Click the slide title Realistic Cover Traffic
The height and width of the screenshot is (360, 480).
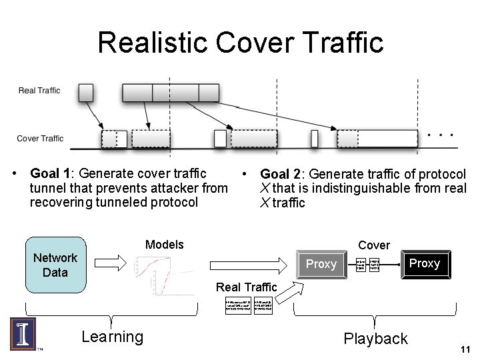pos(240,41)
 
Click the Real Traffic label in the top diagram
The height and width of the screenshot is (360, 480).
pos(39,91)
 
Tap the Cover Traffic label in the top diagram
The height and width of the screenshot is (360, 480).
pos(40,139)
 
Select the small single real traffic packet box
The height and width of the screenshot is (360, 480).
pos(86,92)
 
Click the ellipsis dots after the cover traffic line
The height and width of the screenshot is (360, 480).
pos(440,135)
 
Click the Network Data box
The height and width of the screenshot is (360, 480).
pos(56,265)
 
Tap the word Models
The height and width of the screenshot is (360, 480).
pos(164,245)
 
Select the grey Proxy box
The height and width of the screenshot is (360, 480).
pos(321,264)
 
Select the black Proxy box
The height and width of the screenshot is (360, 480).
pos(424,263)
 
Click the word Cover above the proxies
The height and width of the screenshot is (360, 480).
pos(374,245)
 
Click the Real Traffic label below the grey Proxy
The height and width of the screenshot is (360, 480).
pos(246,287)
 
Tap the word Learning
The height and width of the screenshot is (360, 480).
pos(112,337)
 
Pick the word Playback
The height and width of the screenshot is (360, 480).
pos(375,339)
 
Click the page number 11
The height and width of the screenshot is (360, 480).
pos(465,349)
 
